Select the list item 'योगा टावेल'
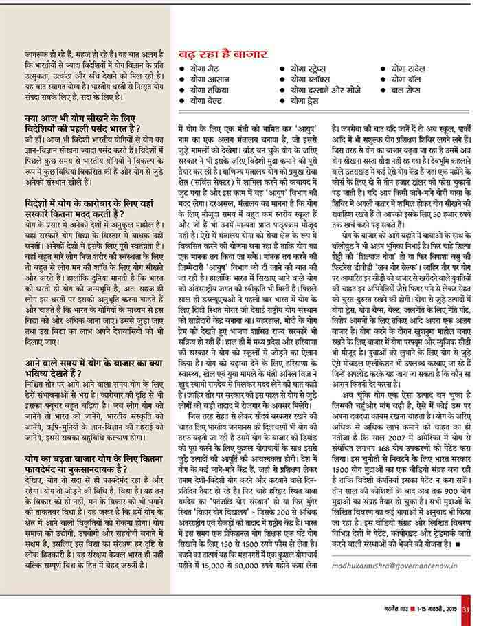[413, 69]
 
